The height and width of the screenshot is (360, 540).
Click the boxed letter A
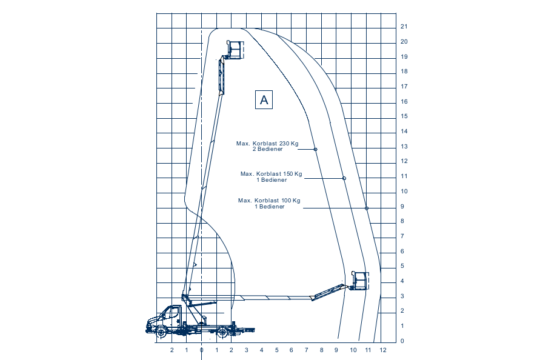(264, 99)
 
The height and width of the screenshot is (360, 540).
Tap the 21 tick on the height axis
(404, 27)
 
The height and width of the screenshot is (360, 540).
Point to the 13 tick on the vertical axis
(404, 147)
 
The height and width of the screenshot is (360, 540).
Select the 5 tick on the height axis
(402, 266)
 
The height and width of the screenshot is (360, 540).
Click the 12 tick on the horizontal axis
(383, 350)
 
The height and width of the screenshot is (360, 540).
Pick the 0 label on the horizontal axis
(202, 350)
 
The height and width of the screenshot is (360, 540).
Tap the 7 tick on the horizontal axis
(307, 350)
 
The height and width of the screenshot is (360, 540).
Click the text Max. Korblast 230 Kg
(267, 143)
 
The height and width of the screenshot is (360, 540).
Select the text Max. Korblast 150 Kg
(272, 174)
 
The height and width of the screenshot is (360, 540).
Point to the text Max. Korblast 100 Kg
(269, 201)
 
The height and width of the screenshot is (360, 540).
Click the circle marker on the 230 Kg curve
(316, 149)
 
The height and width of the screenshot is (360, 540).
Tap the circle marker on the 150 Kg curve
(344, 178)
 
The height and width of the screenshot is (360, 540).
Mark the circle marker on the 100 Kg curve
(367, 208)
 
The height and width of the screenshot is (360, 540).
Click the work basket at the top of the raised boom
(235, 50)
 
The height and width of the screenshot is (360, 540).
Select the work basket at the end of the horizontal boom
(360, 281)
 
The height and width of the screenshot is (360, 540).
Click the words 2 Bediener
(268, 149)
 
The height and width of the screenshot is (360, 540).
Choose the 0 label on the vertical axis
(402, 341)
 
